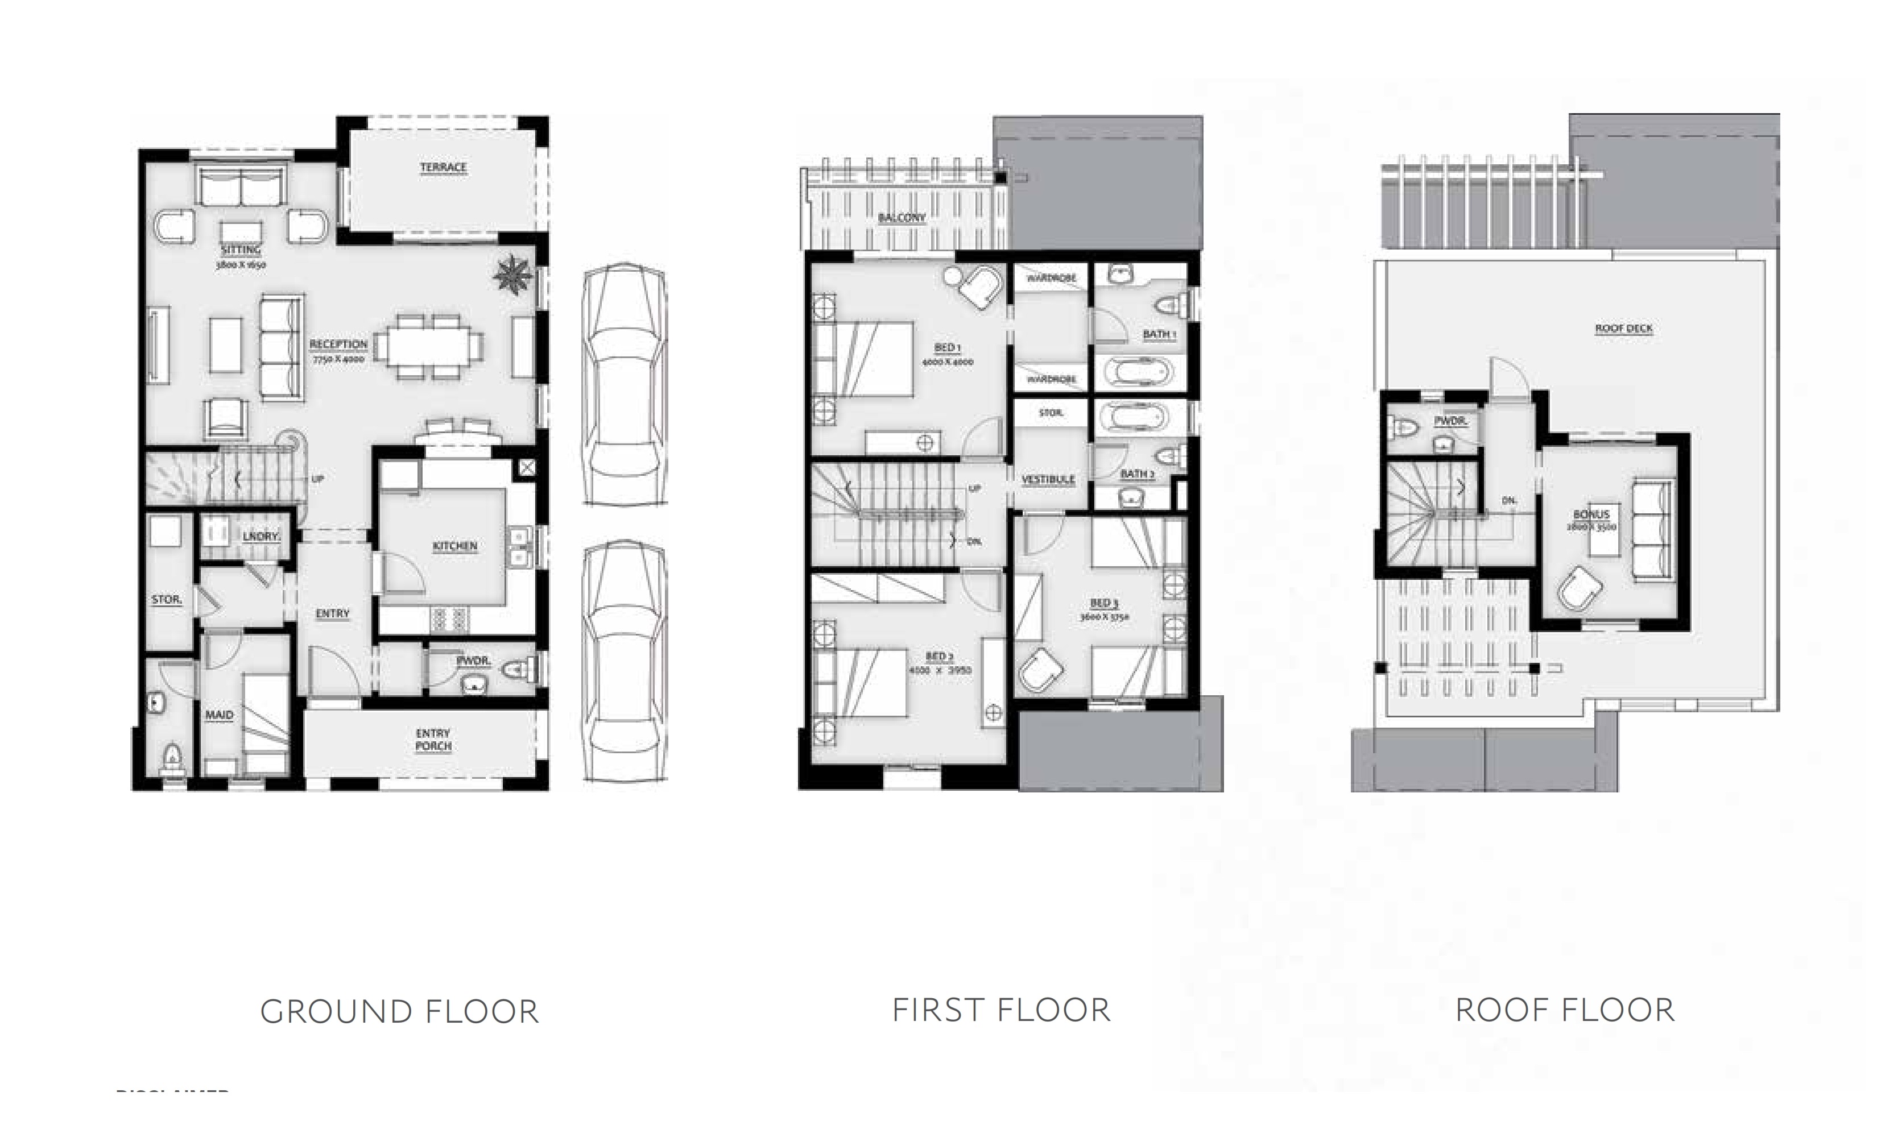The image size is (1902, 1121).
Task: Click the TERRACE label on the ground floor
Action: pos(443,167)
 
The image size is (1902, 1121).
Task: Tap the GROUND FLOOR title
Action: pos(399,1011)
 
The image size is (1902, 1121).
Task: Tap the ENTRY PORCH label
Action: pos(433,740)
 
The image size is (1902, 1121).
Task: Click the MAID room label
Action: pos(219,715)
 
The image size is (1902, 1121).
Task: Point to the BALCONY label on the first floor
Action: pos(902,218)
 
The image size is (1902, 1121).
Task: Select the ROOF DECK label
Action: pos(1623,329)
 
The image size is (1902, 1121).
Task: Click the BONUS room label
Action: pos(1591,514)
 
